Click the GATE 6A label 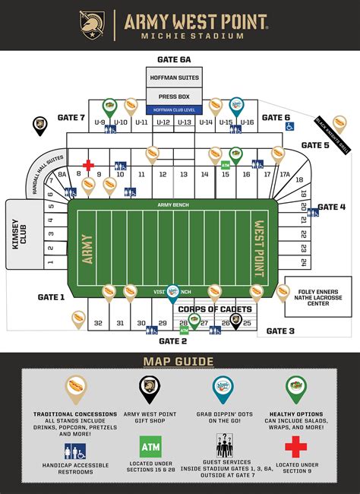click(174, 59)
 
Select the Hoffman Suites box click(174, 78)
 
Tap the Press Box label click(174, 97)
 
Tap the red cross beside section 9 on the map click(89, 165)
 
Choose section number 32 click(98, 323)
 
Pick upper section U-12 click(163, 122)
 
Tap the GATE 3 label click(280, 331)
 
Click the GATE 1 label click(51, 297)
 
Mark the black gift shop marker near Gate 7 click(39, 124)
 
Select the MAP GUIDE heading click(178, 361)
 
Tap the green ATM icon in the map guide click(150, 445)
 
